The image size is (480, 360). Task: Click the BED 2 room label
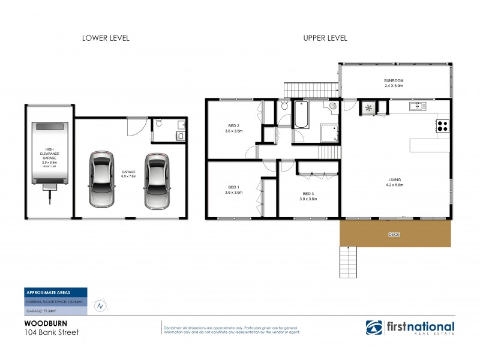233,128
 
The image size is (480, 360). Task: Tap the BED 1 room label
233,190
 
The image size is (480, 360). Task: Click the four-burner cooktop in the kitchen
442,126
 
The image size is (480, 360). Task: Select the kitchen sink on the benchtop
415,107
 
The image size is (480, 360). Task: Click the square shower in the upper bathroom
328,133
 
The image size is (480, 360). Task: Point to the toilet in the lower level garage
158,123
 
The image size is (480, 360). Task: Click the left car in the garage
101,178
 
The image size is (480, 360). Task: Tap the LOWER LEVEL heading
106,38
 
